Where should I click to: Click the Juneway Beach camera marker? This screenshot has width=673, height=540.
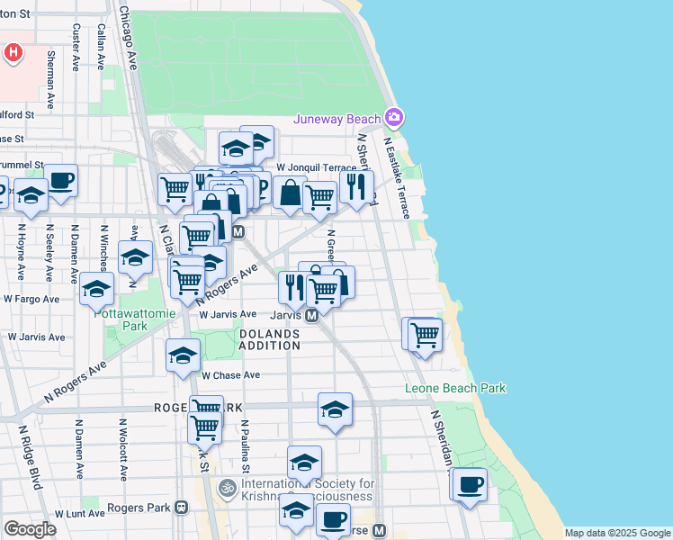click(393, 118)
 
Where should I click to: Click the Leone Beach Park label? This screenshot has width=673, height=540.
click(454, 389)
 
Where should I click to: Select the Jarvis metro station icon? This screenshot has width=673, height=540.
click(311, 316)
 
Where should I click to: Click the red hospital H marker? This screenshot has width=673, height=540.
click(13, 52)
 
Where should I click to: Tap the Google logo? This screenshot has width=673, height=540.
click(30, 528)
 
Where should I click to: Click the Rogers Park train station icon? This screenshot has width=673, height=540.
click(182, 508)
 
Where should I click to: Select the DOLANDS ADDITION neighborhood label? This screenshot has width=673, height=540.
click(270, 339)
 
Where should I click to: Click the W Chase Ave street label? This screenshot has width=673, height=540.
click(230, 375)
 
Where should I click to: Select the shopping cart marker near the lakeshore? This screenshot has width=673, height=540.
click(425, 336)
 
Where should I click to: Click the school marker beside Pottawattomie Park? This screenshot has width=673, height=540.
click(96, 288)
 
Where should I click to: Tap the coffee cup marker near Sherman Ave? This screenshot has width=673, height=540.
click(61, 180)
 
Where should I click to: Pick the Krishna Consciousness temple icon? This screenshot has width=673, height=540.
click(228, 490)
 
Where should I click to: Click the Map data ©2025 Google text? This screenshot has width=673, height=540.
click(617, 533)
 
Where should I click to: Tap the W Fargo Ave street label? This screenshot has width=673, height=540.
click(31, 299)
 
